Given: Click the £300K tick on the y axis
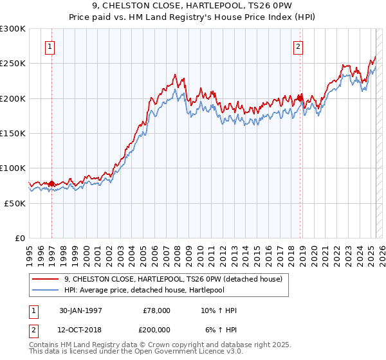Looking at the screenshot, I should point(13,29).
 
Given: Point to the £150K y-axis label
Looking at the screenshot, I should point(13,133).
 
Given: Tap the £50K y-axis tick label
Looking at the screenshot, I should point(15,203).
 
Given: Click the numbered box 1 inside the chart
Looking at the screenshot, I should point(50,46).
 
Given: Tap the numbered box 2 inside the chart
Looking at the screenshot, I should point(299,46).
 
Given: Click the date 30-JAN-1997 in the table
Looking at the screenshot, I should point(80,310).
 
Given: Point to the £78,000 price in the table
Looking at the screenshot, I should point(156,310).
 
